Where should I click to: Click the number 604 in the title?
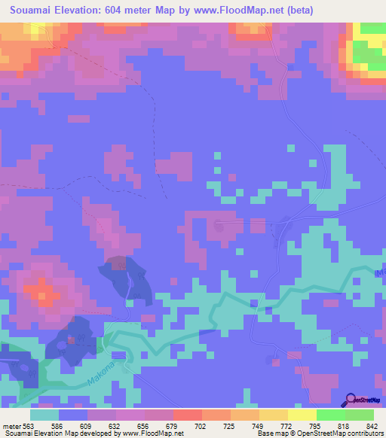point(136,11)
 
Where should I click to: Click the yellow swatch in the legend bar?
point(302,415)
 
